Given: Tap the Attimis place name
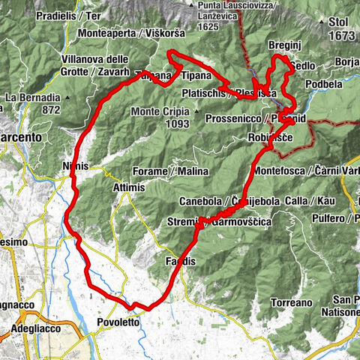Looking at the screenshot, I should [130, 187].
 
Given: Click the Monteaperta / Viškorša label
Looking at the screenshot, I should [123, 34].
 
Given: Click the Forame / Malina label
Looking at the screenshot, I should [170, 172].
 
